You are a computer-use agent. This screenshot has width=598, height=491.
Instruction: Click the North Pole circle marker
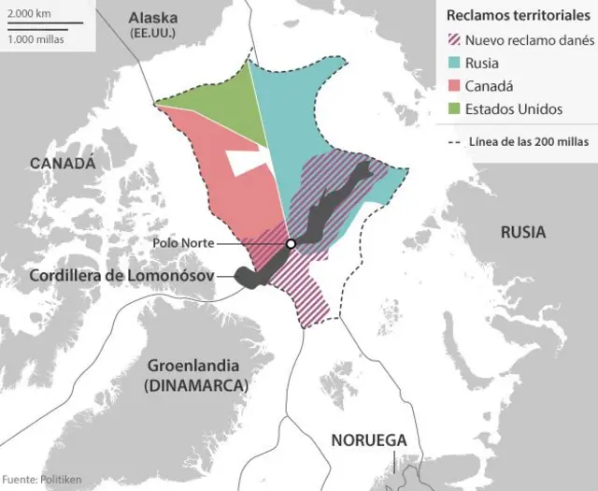(x=291, y=244)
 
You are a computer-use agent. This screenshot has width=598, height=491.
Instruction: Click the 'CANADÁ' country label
(x=64, y=163)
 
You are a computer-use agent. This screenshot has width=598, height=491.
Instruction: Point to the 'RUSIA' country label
(x=522, y=233)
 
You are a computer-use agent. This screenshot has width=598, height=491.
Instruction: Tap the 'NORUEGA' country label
(x=369, y=440)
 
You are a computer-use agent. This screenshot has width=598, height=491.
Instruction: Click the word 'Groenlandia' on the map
(x=195, y=366)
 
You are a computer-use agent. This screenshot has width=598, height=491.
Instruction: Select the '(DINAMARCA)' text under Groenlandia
(x=195, y=385)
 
